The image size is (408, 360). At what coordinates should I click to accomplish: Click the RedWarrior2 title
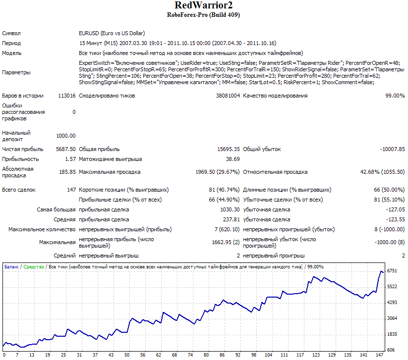(203, 5)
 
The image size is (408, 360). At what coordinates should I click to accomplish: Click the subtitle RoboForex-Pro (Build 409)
(203, 15)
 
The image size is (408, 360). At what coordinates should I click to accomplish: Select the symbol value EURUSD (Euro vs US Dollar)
(112, 33)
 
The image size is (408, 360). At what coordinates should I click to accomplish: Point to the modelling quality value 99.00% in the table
(395, 96)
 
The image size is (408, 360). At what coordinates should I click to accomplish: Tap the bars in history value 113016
(67, 96)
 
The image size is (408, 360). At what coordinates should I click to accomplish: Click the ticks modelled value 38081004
(228, 96)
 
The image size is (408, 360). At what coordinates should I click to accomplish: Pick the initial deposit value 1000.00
(66, 136)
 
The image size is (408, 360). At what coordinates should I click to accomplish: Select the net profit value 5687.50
(66, 149)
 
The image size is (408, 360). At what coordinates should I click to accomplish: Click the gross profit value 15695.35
(229, 149)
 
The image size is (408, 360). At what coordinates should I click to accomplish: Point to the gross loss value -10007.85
(393, 149)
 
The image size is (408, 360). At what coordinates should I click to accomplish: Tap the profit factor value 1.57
(70, 159)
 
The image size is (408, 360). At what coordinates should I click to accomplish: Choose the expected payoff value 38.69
(233, 159)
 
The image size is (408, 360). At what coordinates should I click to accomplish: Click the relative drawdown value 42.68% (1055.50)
(383, 172)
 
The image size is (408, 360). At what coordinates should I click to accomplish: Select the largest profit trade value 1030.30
(230, 209)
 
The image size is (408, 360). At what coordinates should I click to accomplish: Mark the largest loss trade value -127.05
(395, 209)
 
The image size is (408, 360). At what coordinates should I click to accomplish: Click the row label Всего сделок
(19, 190)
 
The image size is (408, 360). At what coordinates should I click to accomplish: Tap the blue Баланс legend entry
(11, 267)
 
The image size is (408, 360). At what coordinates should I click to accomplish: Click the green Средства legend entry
(34, 267)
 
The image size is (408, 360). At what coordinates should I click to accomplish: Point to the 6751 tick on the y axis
(392, 271)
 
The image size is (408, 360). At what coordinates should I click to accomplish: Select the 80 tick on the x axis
(206, 355)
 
